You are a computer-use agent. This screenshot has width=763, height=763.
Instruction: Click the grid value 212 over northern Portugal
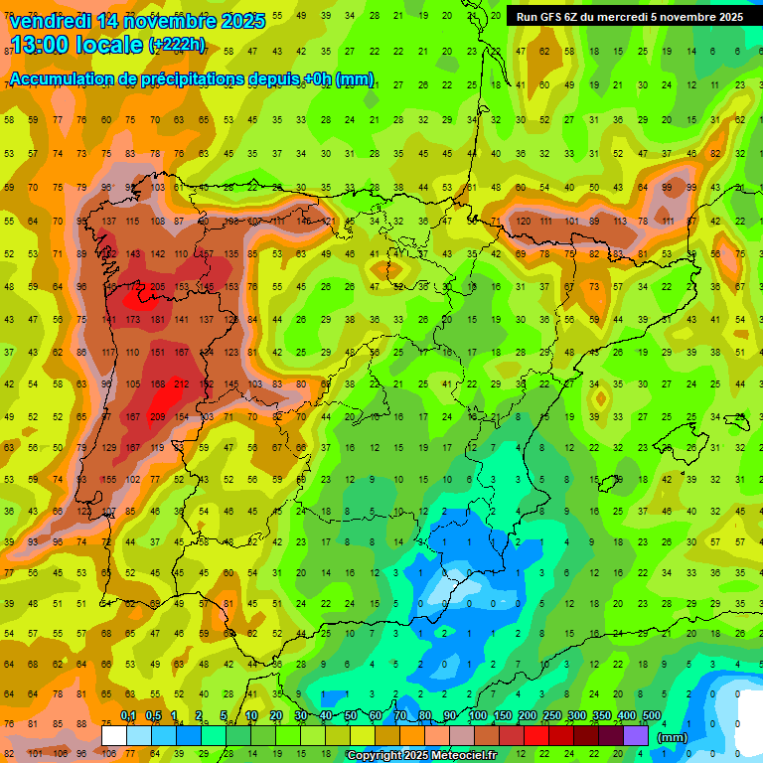(x=181, y=384)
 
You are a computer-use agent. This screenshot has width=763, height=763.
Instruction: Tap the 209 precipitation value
(x=157, y=416)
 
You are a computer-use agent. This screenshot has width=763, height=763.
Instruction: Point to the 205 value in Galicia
(x=157, y=287)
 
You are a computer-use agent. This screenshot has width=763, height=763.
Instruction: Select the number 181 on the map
(x=157, y=320)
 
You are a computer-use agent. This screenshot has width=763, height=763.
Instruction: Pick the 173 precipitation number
(x=132, y=320)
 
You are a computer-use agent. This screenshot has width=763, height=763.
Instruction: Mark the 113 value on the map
(x=620, y=221)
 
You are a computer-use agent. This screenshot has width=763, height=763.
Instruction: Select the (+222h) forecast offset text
(x=178, y=45)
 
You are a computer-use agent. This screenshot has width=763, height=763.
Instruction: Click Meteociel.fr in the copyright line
(x=461, y=756)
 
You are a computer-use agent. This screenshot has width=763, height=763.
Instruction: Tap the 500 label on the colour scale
(x=652, y=715)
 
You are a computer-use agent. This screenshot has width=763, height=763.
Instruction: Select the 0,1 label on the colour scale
(x=128, y=715)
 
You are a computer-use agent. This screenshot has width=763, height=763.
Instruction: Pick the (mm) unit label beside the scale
(x=673, y=737)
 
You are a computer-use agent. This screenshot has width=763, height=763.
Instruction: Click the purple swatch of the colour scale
(x=636, y=735)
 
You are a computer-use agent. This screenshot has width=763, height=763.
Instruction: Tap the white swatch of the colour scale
(x=114, y=735)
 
